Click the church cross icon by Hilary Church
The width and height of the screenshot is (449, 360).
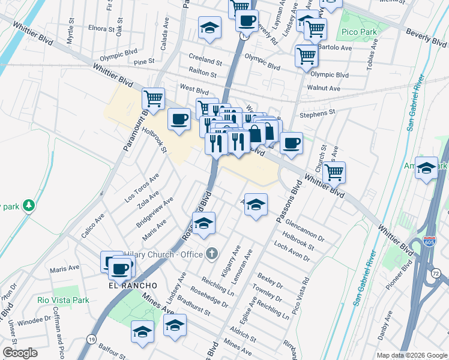(x=211, y=254)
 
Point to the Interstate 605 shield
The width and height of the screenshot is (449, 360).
(x=429, y=241)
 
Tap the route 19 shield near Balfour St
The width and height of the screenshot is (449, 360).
(x=91, y=339)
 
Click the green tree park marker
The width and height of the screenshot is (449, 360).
(x=28, y=206)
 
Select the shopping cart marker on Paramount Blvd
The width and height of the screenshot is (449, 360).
(x=153, y=98)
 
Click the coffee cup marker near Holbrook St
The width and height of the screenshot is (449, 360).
(x=179, y=118)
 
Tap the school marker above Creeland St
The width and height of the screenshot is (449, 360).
(x=209, y=27)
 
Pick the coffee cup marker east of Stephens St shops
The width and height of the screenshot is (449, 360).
(x=292, y=143)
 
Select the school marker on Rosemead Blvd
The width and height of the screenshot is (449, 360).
(x=203, y=223)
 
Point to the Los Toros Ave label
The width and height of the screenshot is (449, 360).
(x=141, y=188)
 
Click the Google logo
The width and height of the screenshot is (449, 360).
(x=20, y=353)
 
